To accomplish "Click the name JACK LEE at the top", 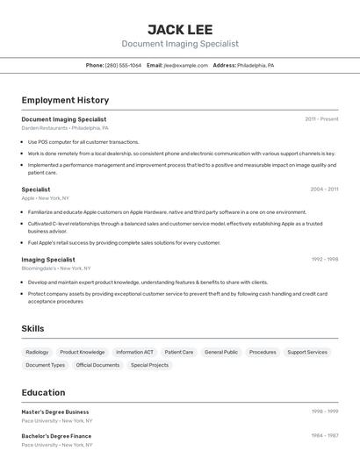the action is click(x=179, y=30).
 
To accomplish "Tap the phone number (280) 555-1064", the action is click(x=123, y=65).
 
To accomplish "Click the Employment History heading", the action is click(x=65, y=100).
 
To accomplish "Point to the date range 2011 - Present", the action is click(x=321, y=118).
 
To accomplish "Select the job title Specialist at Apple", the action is click(x=36, y=189).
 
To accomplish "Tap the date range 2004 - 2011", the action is click(x=324, y=189).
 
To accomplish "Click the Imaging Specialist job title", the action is click(x=48, y=259).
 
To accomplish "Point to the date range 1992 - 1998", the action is click(x=324, y=259).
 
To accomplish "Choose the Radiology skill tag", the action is click(x=37, y=352).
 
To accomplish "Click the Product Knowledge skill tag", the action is click(x=83, y=352).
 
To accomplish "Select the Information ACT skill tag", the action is click(x=134, y=352).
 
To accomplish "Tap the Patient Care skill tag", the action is click(x=179, y=352).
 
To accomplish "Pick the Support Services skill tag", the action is click(x=307, y=352).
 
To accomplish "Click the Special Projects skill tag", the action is click(x=149, y=365).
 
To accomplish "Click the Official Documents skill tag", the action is click(x=97, y=365).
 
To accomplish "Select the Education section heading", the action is click(x=43, y=392).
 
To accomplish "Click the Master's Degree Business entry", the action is click(x=55, y=411).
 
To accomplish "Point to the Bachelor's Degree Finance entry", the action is click(x=56, y=435).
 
